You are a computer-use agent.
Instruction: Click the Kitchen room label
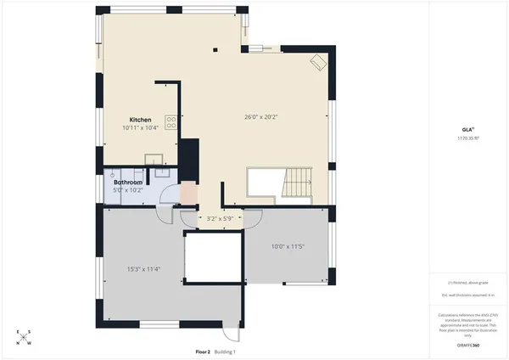click(140, 119)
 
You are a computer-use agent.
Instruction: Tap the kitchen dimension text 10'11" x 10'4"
click(141, 127)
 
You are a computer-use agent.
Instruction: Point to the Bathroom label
click(127, 182)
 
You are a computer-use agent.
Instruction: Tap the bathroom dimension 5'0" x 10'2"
click(129, 189)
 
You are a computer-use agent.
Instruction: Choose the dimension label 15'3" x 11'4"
click(144, 269)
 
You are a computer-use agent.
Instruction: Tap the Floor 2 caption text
click(203, 351)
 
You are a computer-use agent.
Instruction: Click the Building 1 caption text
click(225, 351)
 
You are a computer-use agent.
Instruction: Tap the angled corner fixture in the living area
click(316, 62)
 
